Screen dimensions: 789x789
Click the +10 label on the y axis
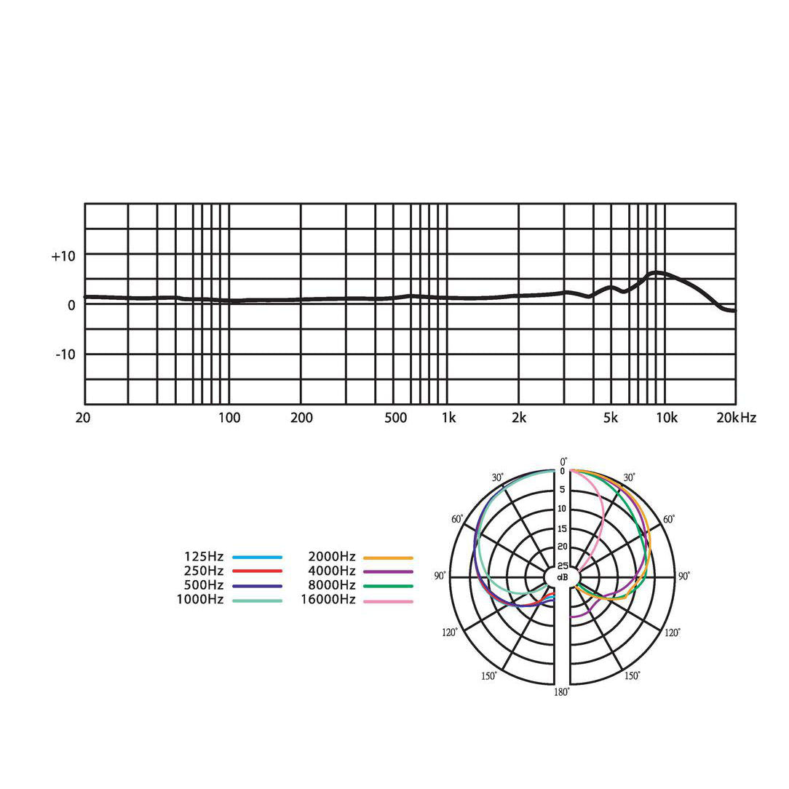click(63, 256)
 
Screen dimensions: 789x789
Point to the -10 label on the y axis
click(66, 354)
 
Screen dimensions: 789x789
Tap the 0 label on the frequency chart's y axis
click(71, 306)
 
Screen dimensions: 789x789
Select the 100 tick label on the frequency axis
click(229, 418)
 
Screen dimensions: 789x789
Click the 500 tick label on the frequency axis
click(395, 418)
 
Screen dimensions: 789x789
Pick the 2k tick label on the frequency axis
click(519, 418)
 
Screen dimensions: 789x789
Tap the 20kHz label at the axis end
click(736, 418)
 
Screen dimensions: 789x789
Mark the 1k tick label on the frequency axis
click(448, 418)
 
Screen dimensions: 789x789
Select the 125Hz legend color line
click(257, 557)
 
